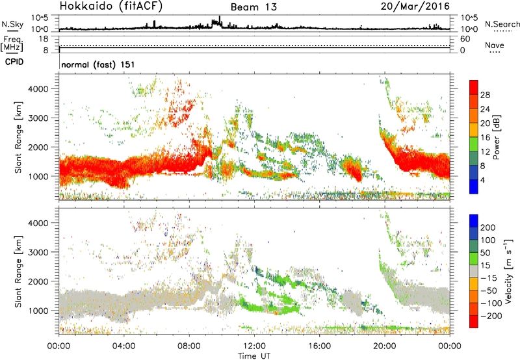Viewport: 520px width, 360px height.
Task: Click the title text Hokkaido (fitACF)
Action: point(111,6)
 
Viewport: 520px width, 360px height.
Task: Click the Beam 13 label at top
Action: point(253,7)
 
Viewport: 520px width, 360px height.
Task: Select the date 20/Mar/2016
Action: point(415,6)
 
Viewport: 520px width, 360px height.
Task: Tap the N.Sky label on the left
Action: point(12,24)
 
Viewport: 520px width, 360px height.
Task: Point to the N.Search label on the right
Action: point(502,24)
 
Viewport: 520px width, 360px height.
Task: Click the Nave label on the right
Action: point(495,45)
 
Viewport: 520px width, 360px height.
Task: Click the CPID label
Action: point(14,62)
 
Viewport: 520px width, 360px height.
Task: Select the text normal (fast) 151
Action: point(98,64)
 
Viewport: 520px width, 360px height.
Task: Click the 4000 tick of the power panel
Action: point(38,89)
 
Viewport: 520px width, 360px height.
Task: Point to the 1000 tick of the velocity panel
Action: point(38,311)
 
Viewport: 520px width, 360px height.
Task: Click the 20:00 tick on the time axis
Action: point(385,346)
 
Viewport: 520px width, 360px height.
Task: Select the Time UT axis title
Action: point(254,355)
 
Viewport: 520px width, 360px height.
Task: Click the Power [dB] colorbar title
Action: point(496,137)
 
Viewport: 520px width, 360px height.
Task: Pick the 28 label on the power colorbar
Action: point(485,95)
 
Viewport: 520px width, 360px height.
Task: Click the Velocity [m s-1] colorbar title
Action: point(508,271)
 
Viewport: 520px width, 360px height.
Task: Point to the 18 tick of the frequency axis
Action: point(44,39)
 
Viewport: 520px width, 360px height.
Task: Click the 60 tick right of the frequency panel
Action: point(465,39)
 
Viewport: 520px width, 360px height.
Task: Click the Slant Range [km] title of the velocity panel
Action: point(18,271)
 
